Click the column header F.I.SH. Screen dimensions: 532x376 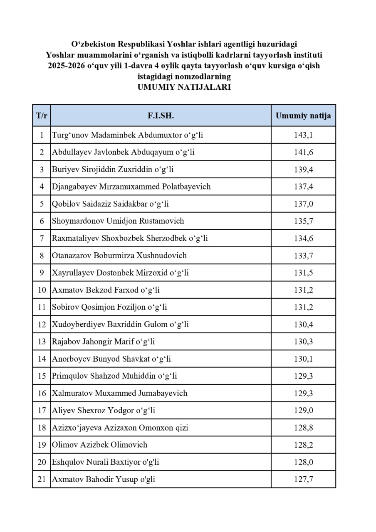tap(161, 116)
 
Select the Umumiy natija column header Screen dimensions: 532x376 tap(303, 116)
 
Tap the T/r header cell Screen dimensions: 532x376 tap(42, 116)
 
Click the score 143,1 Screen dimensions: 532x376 tap(303, 135)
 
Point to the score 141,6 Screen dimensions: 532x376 tap(303, 152)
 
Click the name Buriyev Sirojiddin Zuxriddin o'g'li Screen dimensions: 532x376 tap(113, 170)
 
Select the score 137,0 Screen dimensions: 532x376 tap(303, 204)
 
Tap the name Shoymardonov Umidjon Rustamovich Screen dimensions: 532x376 tap(118, 221)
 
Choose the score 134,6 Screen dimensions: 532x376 tap(303, 238)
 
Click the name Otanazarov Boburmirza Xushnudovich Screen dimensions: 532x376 tap(119, 255)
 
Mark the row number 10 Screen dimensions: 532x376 tap(42, 290)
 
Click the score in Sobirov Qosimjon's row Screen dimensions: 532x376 tap(303, 307)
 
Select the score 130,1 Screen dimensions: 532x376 tap(303, 359)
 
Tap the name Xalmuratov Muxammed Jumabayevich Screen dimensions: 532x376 tap(119, 393)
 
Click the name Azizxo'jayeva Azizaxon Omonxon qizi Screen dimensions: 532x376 tap(120, 427)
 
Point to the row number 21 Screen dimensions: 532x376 tap(42, 479)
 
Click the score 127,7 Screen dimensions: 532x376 tap(303, 479)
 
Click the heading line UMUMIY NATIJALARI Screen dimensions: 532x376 tap(184, 87)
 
